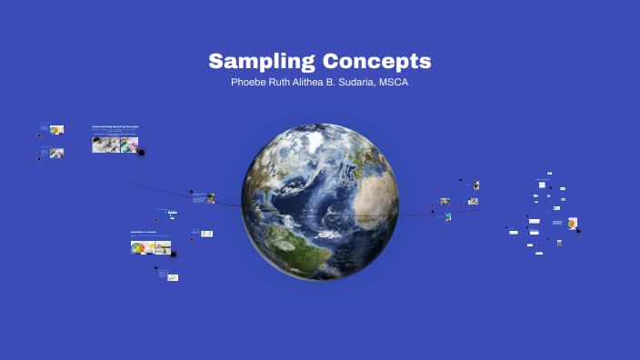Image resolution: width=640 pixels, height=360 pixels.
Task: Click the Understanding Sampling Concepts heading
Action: pos(115,127)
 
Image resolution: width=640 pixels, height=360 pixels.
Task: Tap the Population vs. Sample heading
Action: pos(144,232)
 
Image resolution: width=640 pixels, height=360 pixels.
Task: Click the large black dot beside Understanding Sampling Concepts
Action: pos(141,153)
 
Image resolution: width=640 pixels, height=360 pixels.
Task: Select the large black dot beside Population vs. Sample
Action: pos(174,255)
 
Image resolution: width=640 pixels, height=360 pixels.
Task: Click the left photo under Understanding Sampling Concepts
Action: pos(106,145)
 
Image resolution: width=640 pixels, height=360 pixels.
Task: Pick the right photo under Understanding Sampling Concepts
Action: pos(129,145)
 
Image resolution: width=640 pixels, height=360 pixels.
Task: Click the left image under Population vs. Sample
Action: pos(141,246)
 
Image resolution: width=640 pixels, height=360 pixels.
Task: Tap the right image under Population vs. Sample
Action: pos(162,246)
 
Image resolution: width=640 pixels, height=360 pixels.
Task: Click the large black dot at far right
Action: pos(578,230)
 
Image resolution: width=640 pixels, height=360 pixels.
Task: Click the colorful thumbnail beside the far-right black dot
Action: pos(573,223)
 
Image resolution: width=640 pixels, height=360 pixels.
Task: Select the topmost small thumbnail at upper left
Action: pos(56,130)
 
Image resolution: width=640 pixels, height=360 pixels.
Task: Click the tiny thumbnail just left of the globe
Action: pos(211,197)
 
